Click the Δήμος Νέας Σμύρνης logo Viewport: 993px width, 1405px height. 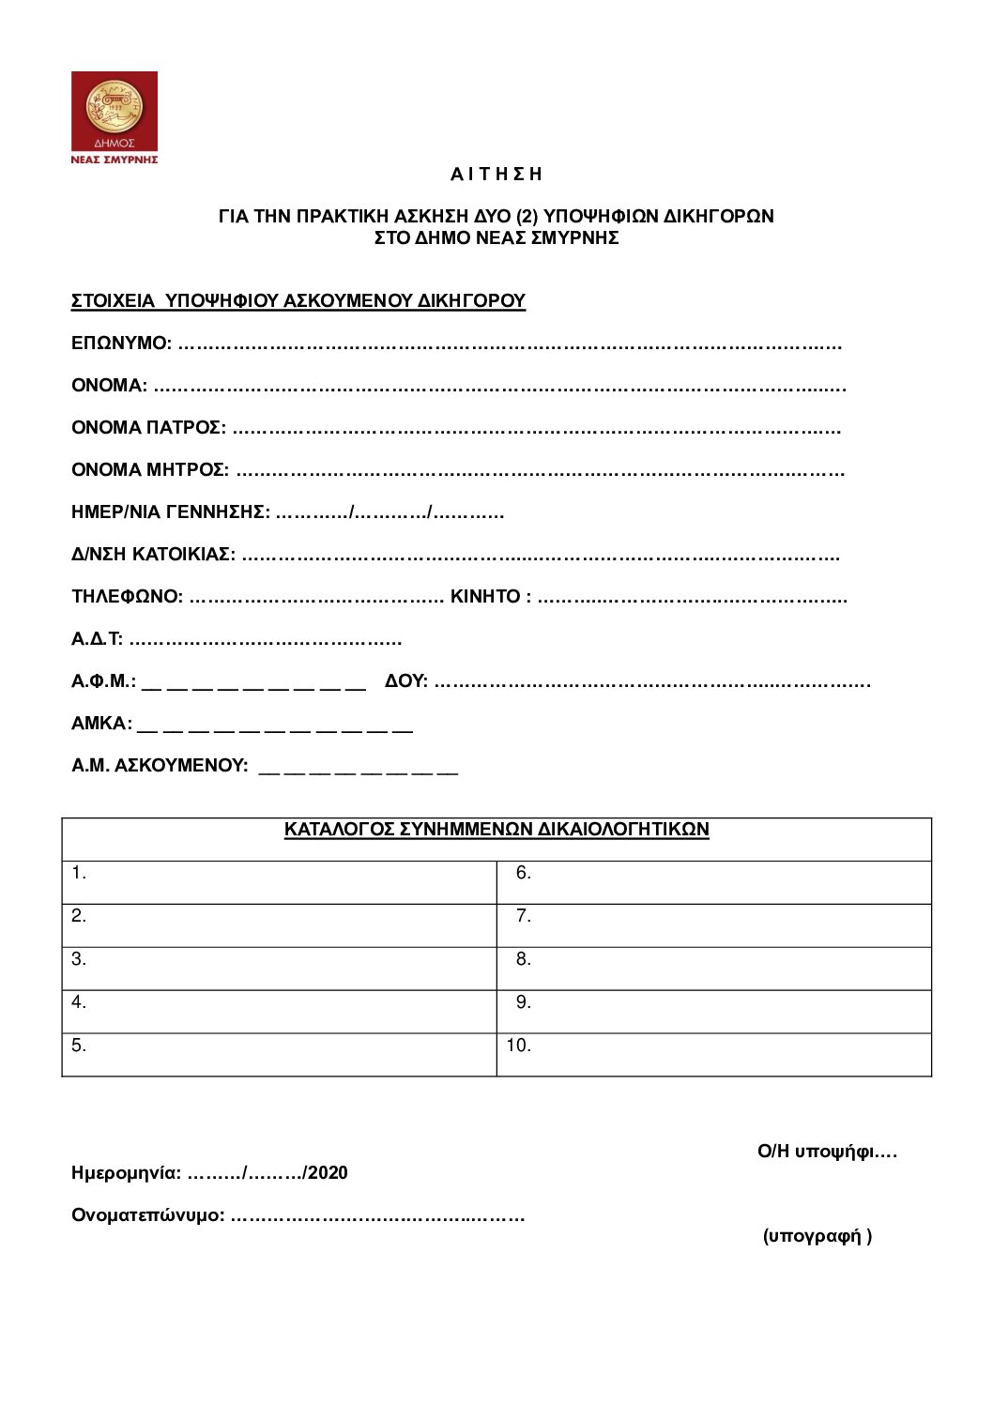pyautogui.click(x=115, y=117)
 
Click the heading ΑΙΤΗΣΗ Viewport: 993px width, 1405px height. pyautogui.click(x=496, y=175)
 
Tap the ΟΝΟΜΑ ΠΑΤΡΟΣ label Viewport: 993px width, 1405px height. pyautogui.click(x=148, y=428)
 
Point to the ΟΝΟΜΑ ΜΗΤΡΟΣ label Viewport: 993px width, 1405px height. pyautogui.click(x=150, y=469)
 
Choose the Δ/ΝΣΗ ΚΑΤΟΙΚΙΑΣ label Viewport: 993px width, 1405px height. pyautogui.click(x=153, y=555)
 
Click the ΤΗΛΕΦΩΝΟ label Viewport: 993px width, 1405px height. pyautogui.click(x=127, y=597)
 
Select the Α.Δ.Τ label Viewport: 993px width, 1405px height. pyautogui.click(x=97, y=640)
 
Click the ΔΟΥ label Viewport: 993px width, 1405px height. pyautogui.click(x=405, y=681)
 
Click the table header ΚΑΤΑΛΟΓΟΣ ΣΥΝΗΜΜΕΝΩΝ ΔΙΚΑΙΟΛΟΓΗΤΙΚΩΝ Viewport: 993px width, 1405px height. pyautogui.click(x=496, y=830)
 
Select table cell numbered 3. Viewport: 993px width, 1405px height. pyautogui.click(x=279, y=968)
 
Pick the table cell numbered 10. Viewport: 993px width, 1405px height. pyautogui.click(x=713, y=1054)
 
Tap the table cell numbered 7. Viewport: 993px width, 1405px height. pyautogui.click(x=713, y=924)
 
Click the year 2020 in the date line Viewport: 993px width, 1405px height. pyautogui.click(x=328, y=1173)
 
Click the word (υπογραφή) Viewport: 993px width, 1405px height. pyautogui.click(x=817, y=1236)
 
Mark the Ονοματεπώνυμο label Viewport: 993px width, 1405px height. pyautogui.click(x=147, y=1216)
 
